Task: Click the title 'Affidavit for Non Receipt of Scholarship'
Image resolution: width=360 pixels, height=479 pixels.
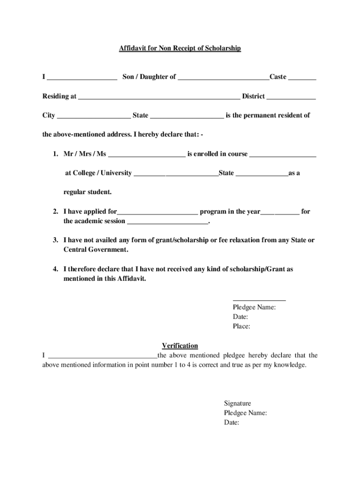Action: (180, 48)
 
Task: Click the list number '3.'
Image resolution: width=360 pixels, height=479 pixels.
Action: (55, 240)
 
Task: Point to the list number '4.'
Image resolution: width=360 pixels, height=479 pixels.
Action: (55, 269)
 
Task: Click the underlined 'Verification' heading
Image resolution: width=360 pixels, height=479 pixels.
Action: (180, 346)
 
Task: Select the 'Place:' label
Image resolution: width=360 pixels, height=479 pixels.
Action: (241, 327)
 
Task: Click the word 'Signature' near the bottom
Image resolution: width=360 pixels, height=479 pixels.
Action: (238, 403)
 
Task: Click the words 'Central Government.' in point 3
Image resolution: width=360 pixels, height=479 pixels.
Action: (96, 250)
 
